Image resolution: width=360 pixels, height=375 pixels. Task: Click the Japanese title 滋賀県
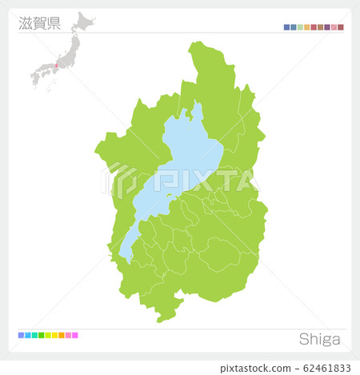[x=39, y=22]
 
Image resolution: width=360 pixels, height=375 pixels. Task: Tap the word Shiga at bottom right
[x=319, y=339]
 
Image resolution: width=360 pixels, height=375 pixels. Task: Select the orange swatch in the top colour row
[x=307, y=27]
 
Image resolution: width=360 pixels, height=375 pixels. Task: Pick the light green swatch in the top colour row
[x=300, y=27]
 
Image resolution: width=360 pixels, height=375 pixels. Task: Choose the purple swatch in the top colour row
[x=327, y=27]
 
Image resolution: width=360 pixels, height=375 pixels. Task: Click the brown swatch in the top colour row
[x=320, y=27]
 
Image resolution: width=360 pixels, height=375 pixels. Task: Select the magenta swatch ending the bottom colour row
[x=75, y=335]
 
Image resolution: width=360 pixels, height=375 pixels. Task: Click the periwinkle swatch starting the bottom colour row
[x=21, y=335]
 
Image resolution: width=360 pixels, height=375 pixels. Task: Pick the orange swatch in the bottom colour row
[x=62, y=335]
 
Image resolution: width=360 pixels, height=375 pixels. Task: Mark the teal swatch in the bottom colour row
[x=34, y=335]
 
